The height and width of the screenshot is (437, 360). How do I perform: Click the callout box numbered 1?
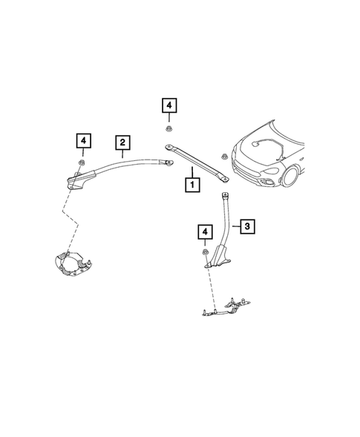192,182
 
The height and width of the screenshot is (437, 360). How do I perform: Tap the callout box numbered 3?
248,225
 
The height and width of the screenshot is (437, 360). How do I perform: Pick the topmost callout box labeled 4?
170,106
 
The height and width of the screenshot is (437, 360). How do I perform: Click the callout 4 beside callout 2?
83,139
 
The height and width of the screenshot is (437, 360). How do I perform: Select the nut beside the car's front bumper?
223,155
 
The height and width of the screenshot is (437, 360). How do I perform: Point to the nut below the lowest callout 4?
204,256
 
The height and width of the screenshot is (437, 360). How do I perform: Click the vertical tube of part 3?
223,219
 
